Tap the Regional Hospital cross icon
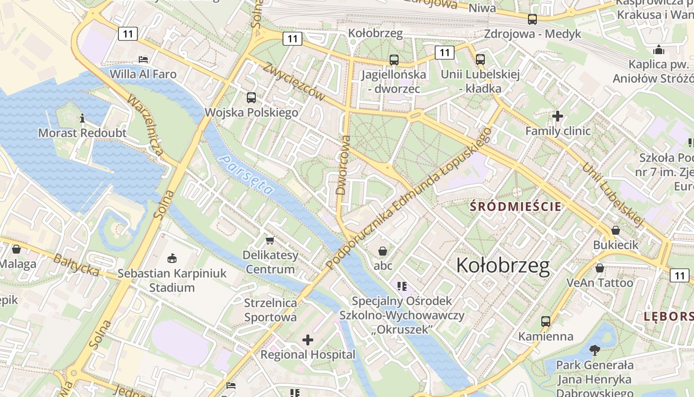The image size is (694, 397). [308, 340]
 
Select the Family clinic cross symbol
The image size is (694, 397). [558, 116]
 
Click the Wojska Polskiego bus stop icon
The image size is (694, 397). [251, 97]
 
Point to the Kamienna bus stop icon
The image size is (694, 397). [546, 321]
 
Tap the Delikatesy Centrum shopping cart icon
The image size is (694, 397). [270, 240]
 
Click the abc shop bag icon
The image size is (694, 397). [382, 251]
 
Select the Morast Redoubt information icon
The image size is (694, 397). [82, 118]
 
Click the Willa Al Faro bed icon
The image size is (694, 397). [143, 59]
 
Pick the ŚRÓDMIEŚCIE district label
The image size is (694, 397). [516, 206]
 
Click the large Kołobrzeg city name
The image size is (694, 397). [503, 265]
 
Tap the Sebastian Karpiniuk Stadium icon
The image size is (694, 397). [172, 258]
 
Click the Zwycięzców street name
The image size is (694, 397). [294, 81]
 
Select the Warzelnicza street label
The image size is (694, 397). [145, 125]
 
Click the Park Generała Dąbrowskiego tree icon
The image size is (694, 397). [594, 350]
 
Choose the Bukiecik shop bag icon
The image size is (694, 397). [615, 230]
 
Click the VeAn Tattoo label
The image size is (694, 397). [600, 283]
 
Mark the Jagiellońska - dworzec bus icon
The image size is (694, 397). [394, 60]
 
